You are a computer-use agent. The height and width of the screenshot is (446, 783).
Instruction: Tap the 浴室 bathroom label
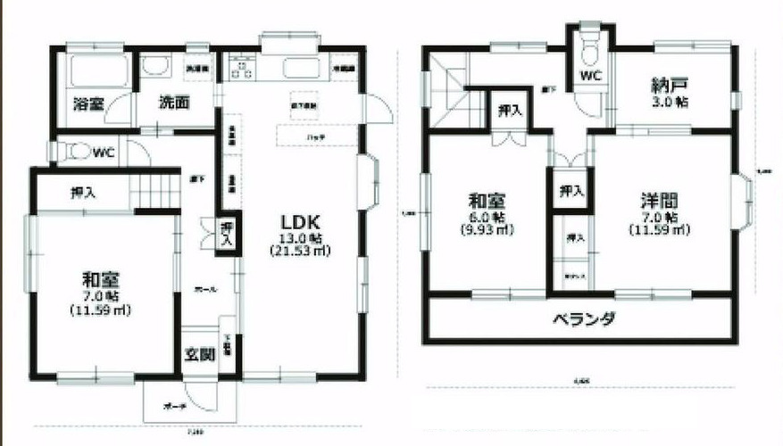click(x=90, y=103)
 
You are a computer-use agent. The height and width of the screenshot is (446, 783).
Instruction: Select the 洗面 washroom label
click(x=175, y=103)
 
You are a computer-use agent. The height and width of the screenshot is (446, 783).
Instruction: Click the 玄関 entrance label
click(x=200, y=355)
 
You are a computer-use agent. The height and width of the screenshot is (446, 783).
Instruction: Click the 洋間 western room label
click(x=658, y=200)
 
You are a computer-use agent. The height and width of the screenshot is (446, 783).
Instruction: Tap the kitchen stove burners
click(x=241, y=68)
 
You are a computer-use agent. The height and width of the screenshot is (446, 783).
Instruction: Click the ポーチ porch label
click(x=174, y=407)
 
